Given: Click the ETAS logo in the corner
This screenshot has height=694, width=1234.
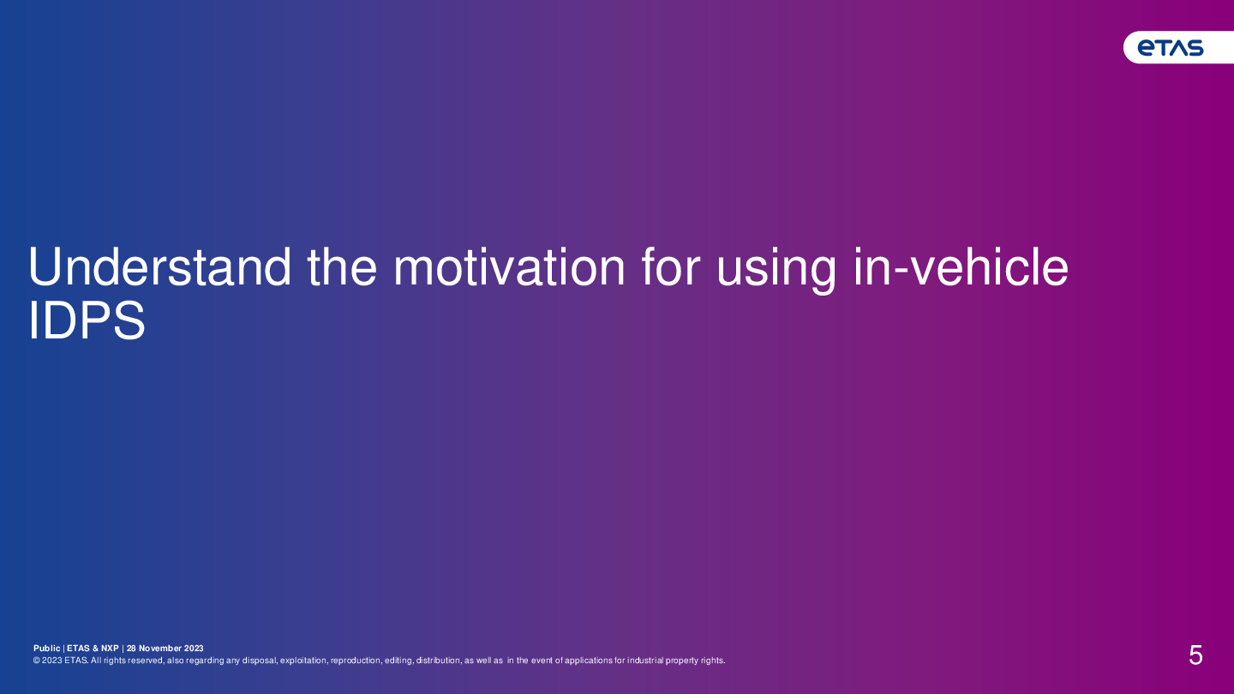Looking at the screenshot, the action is coord(1171,48).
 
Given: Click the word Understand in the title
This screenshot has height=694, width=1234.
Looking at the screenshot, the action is coord(159,267).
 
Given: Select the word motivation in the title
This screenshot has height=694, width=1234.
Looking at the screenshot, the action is coord(509,267).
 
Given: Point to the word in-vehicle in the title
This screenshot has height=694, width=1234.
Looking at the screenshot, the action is coord(961,267).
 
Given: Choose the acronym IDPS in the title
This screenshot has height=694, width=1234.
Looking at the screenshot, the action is coord(87,320).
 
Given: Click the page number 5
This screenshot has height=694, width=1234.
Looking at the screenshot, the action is coord(1195,655).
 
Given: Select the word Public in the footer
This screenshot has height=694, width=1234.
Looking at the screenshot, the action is coord(47,649).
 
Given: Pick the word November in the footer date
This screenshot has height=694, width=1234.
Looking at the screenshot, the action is coord(160,649).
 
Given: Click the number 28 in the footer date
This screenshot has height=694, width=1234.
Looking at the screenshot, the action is coord(131,649).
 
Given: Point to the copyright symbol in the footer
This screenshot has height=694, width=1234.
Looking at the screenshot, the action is coord(36,661).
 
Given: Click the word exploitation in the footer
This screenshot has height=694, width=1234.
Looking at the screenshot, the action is coord(303,661).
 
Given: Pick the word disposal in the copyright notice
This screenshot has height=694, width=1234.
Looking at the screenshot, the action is coord(260,661).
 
